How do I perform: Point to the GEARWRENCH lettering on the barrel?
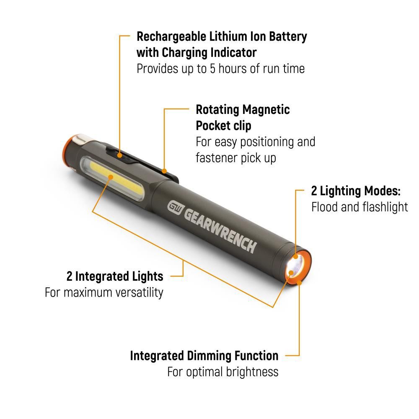220,230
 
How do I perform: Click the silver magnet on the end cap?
84,140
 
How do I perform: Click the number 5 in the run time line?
212,69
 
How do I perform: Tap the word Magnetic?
266,110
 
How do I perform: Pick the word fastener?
217,158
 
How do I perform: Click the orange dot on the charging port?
119,155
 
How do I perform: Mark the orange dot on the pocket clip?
164,171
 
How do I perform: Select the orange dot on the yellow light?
110,177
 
